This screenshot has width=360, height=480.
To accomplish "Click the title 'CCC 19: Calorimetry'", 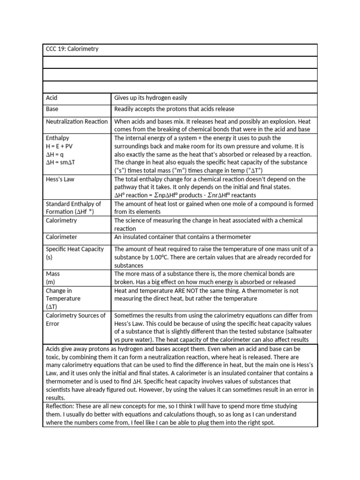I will coord(72,49).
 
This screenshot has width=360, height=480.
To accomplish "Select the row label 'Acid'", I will coord(52,98).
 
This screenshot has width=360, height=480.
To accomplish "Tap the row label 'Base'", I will coord(52,109).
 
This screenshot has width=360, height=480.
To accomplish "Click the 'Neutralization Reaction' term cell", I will coord(76,121).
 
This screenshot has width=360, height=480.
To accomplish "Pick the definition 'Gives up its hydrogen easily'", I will coord(150,98).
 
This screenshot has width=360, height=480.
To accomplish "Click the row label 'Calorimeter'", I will coord(61,237).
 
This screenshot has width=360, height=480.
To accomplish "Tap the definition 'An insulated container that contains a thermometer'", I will coord(183,237).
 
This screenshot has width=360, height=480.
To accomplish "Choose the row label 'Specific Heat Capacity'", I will coord(75,249).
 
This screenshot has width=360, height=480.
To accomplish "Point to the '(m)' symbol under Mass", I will coord(51,282).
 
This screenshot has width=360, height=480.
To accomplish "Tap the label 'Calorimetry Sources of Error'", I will coord(75,319).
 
